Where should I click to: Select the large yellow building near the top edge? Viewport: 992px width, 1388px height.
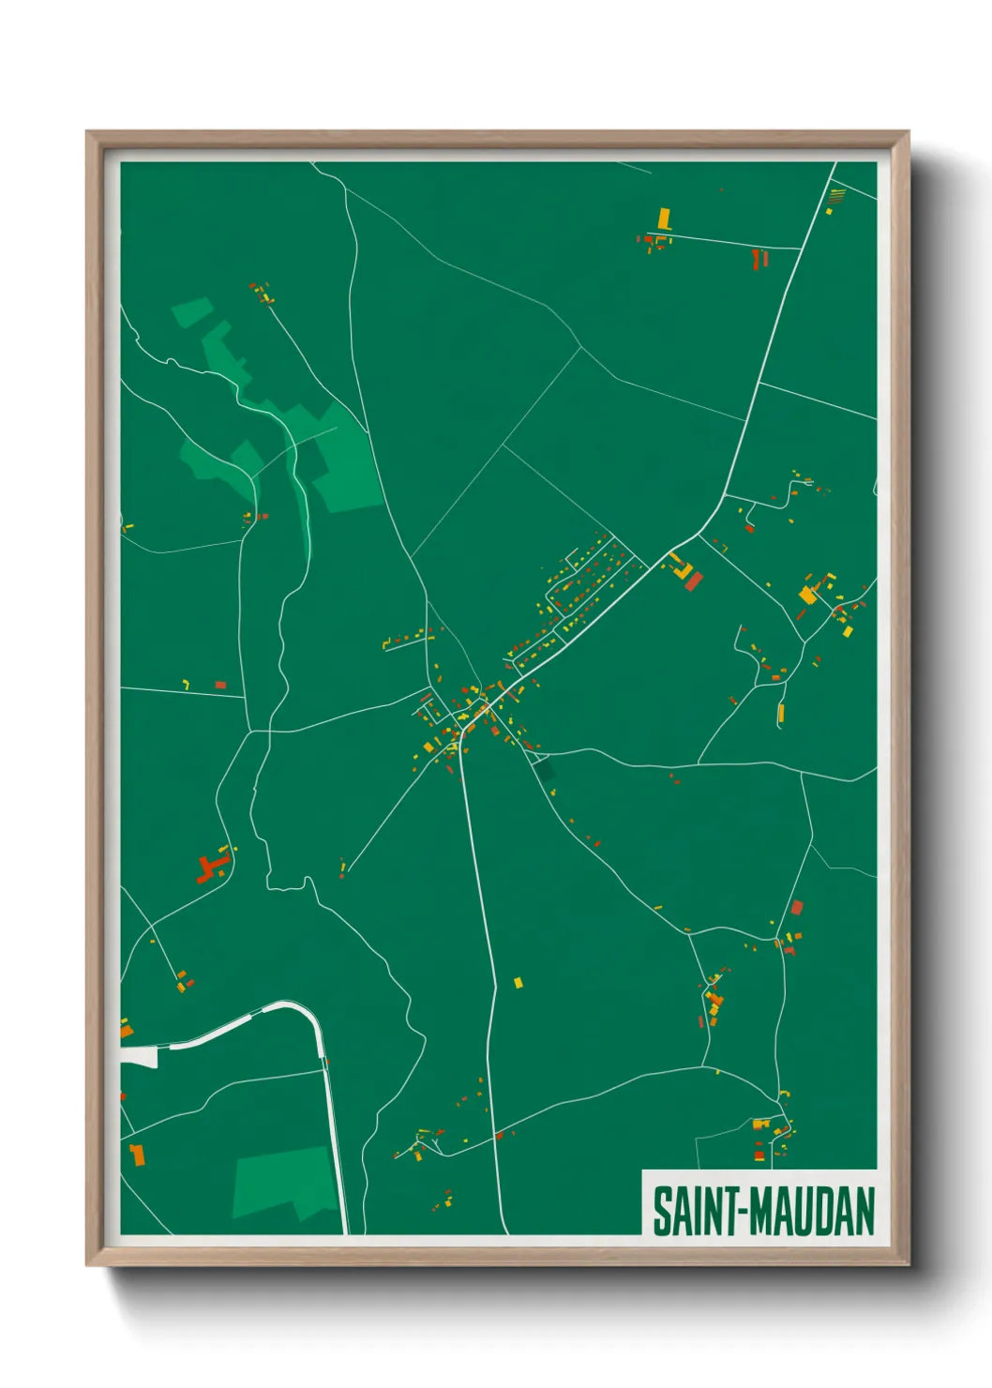tap(665, 219)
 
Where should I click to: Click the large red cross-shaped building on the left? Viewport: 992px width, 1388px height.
tap(212, 867)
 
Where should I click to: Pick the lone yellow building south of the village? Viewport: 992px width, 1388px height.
tap(518, 983)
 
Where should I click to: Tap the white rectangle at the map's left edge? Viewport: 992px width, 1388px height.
tap(139, 1057)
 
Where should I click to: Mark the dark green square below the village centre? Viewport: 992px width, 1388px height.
tap(544, 770)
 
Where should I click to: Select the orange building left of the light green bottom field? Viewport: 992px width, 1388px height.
tap(138, 1154)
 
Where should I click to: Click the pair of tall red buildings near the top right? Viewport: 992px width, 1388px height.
tap(759, 258)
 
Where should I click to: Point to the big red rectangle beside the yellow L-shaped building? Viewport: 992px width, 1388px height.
tap(694, 581)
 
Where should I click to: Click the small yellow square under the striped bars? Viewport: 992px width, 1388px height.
tap(829, 212)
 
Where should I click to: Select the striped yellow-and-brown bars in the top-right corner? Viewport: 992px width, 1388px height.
tap(837, 195)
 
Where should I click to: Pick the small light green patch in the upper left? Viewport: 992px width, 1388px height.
tap(191, 311)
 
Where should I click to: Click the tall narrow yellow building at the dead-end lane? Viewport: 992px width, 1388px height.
tap(780, 714)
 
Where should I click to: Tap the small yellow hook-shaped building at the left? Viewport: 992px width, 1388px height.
tap(186, 684)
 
